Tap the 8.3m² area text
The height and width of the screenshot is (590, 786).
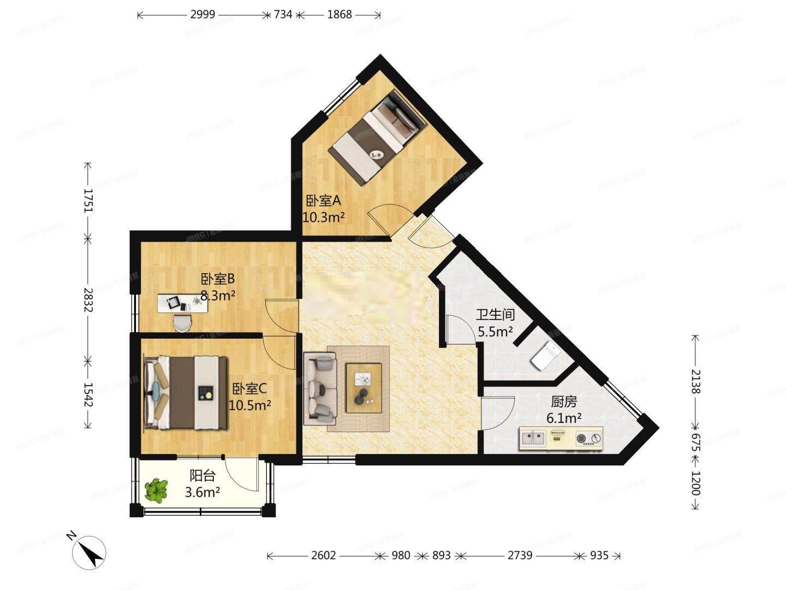218,296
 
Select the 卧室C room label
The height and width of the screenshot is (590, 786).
249,389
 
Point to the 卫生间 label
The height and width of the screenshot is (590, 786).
495,315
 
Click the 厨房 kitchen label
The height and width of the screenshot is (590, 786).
563,402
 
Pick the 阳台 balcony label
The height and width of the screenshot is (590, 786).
202,476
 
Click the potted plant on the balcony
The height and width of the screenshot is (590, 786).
157,490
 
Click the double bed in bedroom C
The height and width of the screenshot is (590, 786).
186,392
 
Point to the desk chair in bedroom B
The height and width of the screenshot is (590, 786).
182,323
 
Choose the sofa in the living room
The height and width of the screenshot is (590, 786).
320,388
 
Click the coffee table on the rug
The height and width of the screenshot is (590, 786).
363,386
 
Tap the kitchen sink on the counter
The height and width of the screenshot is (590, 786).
534,438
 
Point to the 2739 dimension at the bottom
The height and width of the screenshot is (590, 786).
520,556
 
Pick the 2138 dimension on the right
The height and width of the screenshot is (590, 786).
695,381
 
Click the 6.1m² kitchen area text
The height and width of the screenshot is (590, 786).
563,419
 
